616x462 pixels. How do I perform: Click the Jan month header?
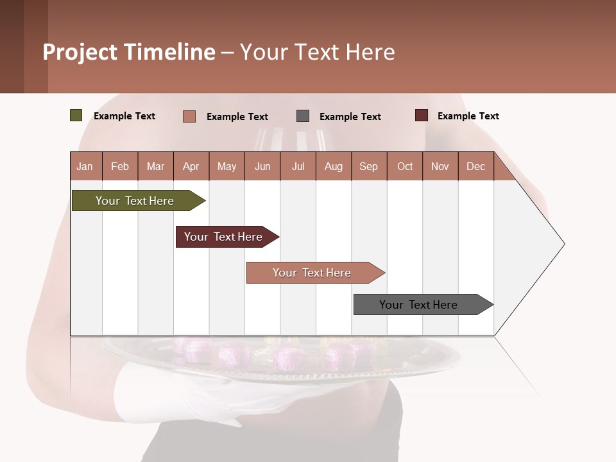(x=85, y=166)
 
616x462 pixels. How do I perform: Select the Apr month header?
(x=191, y=166)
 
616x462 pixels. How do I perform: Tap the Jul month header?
(x=298, y=166)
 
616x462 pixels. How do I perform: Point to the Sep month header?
(x=368, y=166)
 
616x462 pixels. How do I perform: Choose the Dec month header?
(x=475, y=166)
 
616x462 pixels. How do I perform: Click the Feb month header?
(x=120, y=166)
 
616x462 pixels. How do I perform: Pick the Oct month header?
(x=405, y=166)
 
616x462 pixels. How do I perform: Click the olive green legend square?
(x=76, y=116)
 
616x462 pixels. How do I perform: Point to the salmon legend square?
(x=189, y=116)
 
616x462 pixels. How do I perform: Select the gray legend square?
(x=303, y=116)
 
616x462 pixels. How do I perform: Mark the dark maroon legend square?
(x=422, y=116)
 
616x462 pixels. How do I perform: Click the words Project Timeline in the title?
(x=129, y=52)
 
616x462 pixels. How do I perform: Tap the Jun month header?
(x=262, y=166)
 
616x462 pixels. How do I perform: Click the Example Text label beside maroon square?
(x=468, y=116)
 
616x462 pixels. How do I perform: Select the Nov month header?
(x=440, y=166)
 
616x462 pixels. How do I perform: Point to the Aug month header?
(x=334, y=166)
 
